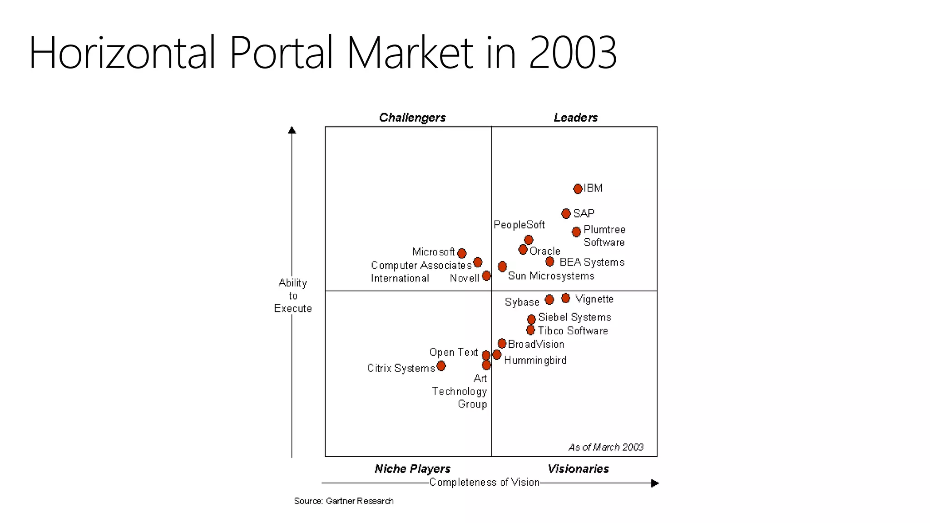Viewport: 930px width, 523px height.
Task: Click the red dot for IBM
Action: click(x=578, y=189)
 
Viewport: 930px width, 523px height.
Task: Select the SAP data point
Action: click(x=566, y=213)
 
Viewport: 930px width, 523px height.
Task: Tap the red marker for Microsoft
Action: click(x=462, y=253)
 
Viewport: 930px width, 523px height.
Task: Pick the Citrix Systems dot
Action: click(x=441, y=366)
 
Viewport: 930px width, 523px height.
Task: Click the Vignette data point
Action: click(x=565, y=298)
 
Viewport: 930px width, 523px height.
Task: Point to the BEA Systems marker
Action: click(x=550, y=261)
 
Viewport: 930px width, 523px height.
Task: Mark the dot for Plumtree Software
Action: click(x=576, y=232)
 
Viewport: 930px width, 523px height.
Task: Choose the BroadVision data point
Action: click(x=502, y=344)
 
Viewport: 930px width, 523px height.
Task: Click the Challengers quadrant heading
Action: click(x=412, y=118)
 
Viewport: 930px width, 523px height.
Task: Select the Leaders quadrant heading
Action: click(x=575, y=118)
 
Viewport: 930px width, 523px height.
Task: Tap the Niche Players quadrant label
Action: click(x=412, y=469)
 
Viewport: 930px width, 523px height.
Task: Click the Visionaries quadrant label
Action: click(x=578, y=469)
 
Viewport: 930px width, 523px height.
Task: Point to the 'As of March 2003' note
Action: click(x=606, y=447)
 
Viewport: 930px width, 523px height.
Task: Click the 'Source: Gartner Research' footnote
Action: click(x=344, y=501)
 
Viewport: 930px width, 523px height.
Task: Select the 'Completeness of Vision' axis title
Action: click(x=485, y=482)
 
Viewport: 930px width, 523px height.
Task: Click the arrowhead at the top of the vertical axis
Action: click(x=292, y=130)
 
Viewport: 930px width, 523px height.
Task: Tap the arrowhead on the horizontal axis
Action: click(x=654, y=483)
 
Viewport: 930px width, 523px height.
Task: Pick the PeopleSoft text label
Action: click(x=519, y=225)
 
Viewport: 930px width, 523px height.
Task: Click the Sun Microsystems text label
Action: click(x=551, y=276)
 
